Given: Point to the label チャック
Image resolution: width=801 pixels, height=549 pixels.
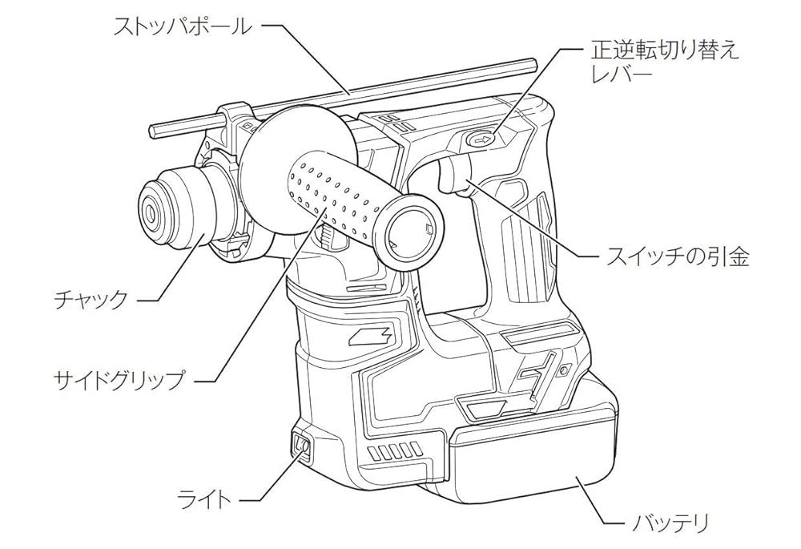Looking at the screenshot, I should pyautogui.click(x=90, y=300).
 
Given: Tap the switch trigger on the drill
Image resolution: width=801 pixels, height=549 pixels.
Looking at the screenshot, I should pyautogui.click(x=456, y=177).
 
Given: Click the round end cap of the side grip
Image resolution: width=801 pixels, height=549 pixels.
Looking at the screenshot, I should pyautogui.click(x=409, y=230).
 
